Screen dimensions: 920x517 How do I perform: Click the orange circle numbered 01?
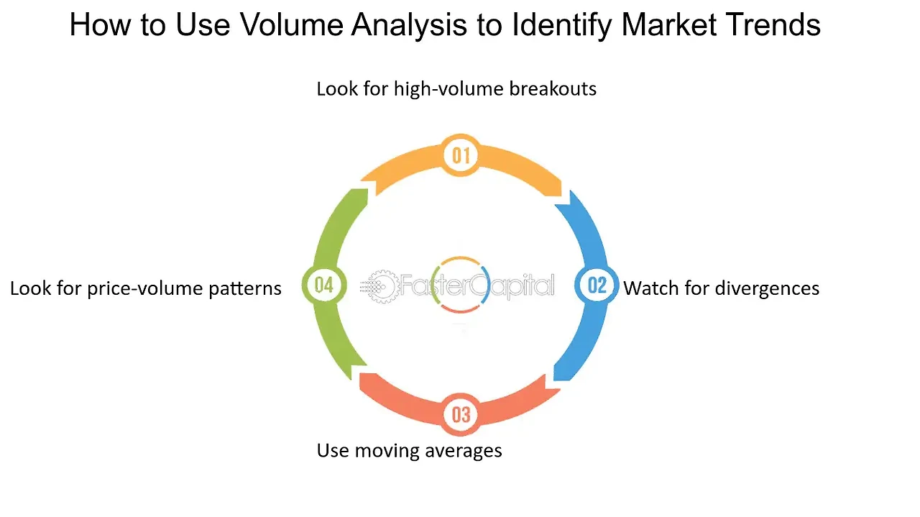point(461,155)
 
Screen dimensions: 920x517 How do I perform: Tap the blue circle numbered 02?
point(597,285)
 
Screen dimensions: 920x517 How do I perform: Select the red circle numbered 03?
point(461,414)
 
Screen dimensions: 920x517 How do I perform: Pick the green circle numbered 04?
point(324,285)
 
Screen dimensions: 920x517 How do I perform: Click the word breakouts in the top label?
point(553,88)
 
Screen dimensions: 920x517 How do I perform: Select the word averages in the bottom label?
point(463,452)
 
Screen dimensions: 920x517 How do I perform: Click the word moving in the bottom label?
point(387,452)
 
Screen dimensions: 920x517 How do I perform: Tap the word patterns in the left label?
point(245,289)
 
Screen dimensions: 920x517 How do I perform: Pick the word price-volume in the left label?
point(145,289)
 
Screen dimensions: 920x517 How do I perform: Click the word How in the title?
point(100,25)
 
